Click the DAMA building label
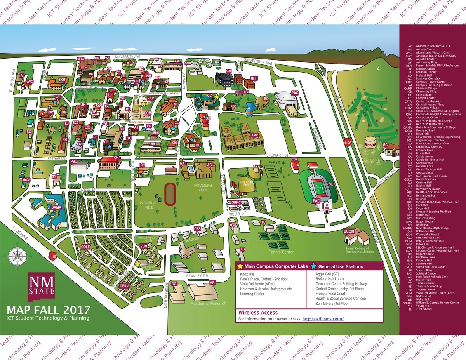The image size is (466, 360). coord(56,207)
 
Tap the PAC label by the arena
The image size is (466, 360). coord(295,93)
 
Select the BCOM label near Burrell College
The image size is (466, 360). coord(349,231)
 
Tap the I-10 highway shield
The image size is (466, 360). coord(52,256)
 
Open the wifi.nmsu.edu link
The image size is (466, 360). coord(323,319)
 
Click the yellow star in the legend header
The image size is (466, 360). coord(241,266)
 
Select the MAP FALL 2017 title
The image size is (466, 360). coord(49,310)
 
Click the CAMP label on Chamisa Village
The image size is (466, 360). coord(254,135)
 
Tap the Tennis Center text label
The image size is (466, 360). coord(281,252)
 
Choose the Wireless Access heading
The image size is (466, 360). coord(258,312)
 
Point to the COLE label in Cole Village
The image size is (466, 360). coord(85,247)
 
